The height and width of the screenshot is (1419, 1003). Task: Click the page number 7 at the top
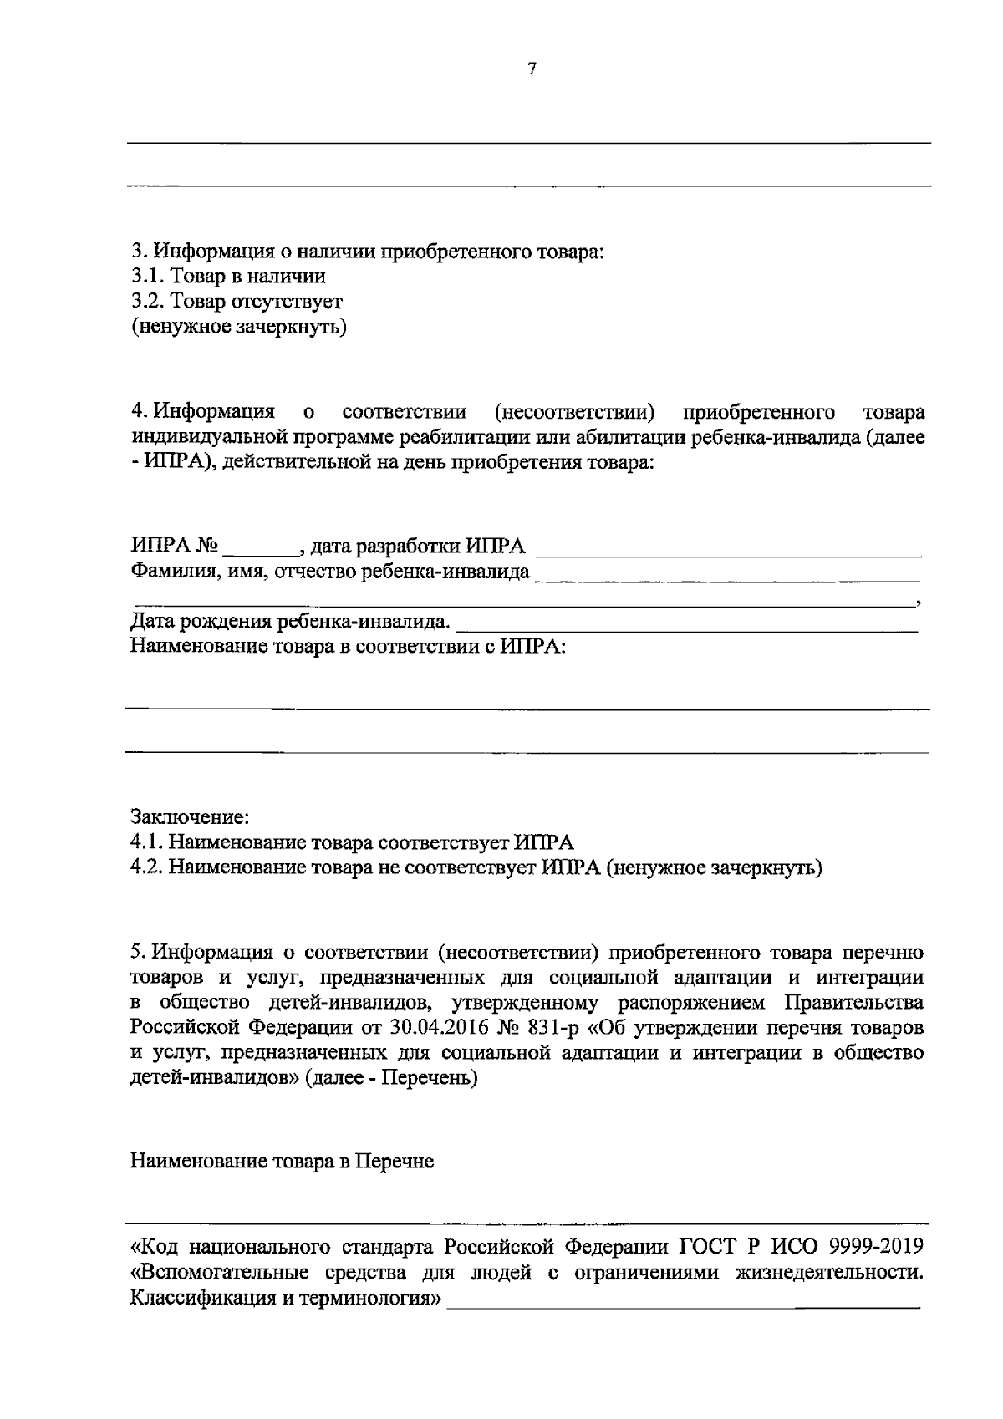(532, 70)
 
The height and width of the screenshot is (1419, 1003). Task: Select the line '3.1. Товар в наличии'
(228, 276)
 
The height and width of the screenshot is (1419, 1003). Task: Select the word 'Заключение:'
(190, 815)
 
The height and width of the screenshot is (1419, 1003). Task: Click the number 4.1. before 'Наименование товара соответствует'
(147, 842)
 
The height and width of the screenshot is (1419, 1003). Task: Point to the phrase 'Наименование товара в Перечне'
(283, 1162)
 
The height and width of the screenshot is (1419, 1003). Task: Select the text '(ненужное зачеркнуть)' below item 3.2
(238, 326)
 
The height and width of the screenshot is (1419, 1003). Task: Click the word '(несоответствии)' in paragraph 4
(573, 413)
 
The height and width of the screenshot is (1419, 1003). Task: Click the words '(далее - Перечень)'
(391, 1078)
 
